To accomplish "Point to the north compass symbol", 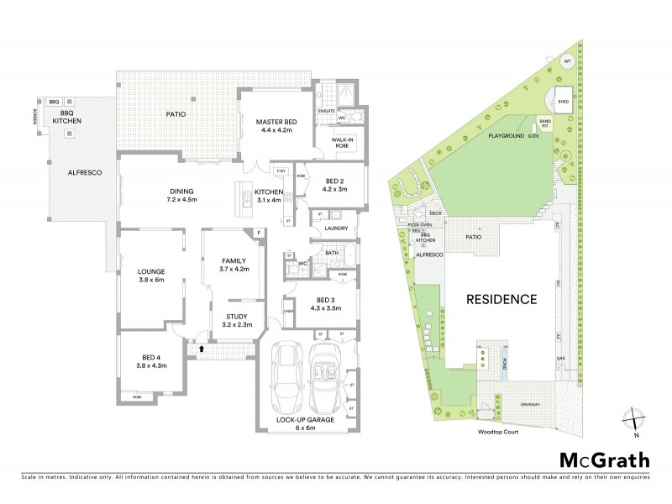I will (636, 423).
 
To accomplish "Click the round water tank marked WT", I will (567, 62).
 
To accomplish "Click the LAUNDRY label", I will (336, 228).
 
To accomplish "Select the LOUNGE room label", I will (150, 271).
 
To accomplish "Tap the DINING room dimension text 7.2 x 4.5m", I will (181, 200).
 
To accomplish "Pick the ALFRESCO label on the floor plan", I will (84, 172).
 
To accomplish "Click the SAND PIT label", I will (545, 123).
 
